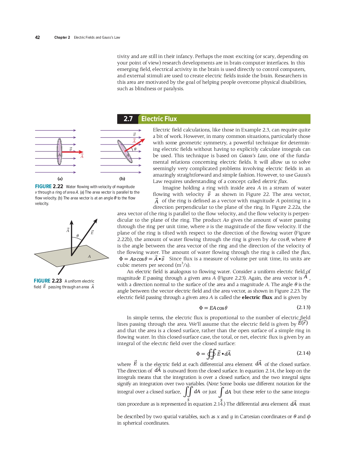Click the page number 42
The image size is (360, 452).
click(37, 37)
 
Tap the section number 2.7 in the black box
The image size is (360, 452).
click(128, 119)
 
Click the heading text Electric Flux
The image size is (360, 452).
click(159, 119)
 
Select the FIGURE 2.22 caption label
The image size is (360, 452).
click(49, 187)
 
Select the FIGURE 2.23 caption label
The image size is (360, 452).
click(48, 281)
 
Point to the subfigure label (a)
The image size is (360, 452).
click(60, 179)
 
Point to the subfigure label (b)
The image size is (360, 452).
click(122, 179)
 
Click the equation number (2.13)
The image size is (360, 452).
click(303, 307)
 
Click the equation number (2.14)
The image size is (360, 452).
click(303, 353)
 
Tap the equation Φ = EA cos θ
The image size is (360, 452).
click(213, 308)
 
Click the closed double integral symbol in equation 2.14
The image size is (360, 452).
click(211, 354)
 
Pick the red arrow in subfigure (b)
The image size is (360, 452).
click(135, 145)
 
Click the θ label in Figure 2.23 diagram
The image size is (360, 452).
click(78, 236)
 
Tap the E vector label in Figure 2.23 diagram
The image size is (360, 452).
click(92, 233)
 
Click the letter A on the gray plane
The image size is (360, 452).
click(89, 256)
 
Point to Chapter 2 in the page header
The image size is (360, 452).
click(62, 37)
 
